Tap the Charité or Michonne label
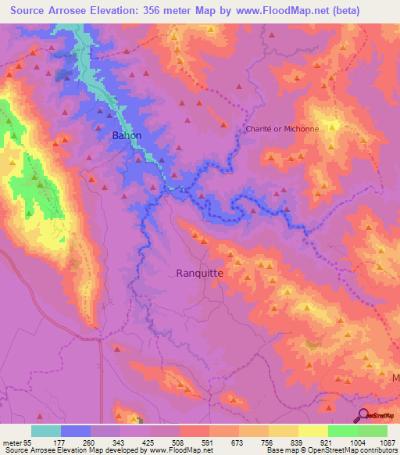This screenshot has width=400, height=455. (x=282, y=129)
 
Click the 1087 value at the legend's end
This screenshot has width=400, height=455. (x=387, y=442)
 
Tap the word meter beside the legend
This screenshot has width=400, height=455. (x=11, y=442)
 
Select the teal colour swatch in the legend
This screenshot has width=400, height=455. (x=46, y=431)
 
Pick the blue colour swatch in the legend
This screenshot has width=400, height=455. (x=76, y=431)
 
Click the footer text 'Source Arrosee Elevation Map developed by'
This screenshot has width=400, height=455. (x=72, y=450)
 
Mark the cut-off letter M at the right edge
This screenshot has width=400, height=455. (x=395, y=377)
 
